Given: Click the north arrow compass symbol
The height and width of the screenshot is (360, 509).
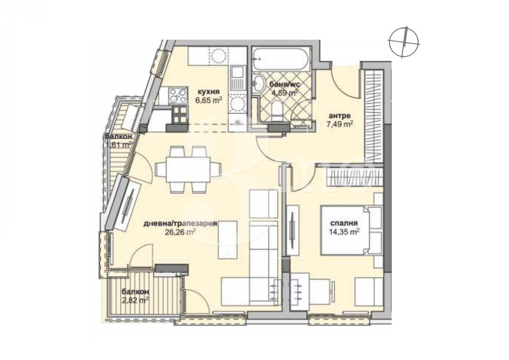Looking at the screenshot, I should [x=404, y=41].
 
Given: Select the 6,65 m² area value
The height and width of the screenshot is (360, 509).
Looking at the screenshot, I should [x=209, y=100].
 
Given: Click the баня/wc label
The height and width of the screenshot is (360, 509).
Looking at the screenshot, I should [x=283, y=84].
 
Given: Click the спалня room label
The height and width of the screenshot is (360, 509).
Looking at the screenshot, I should [x=344, y=223].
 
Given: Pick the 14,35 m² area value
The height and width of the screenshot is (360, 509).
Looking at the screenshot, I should [x=343, y=232].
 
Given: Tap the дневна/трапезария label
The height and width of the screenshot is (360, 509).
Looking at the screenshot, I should [x=181, y=223].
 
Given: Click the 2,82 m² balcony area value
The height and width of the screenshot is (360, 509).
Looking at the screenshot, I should [x=135, y=300].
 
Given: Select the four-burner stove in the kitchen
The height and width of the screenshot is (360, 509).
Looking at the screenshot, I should [x=178, y=94].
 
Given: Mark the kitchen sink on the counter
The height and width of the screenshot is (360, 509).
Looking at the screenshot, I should [x=236, y=79].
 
